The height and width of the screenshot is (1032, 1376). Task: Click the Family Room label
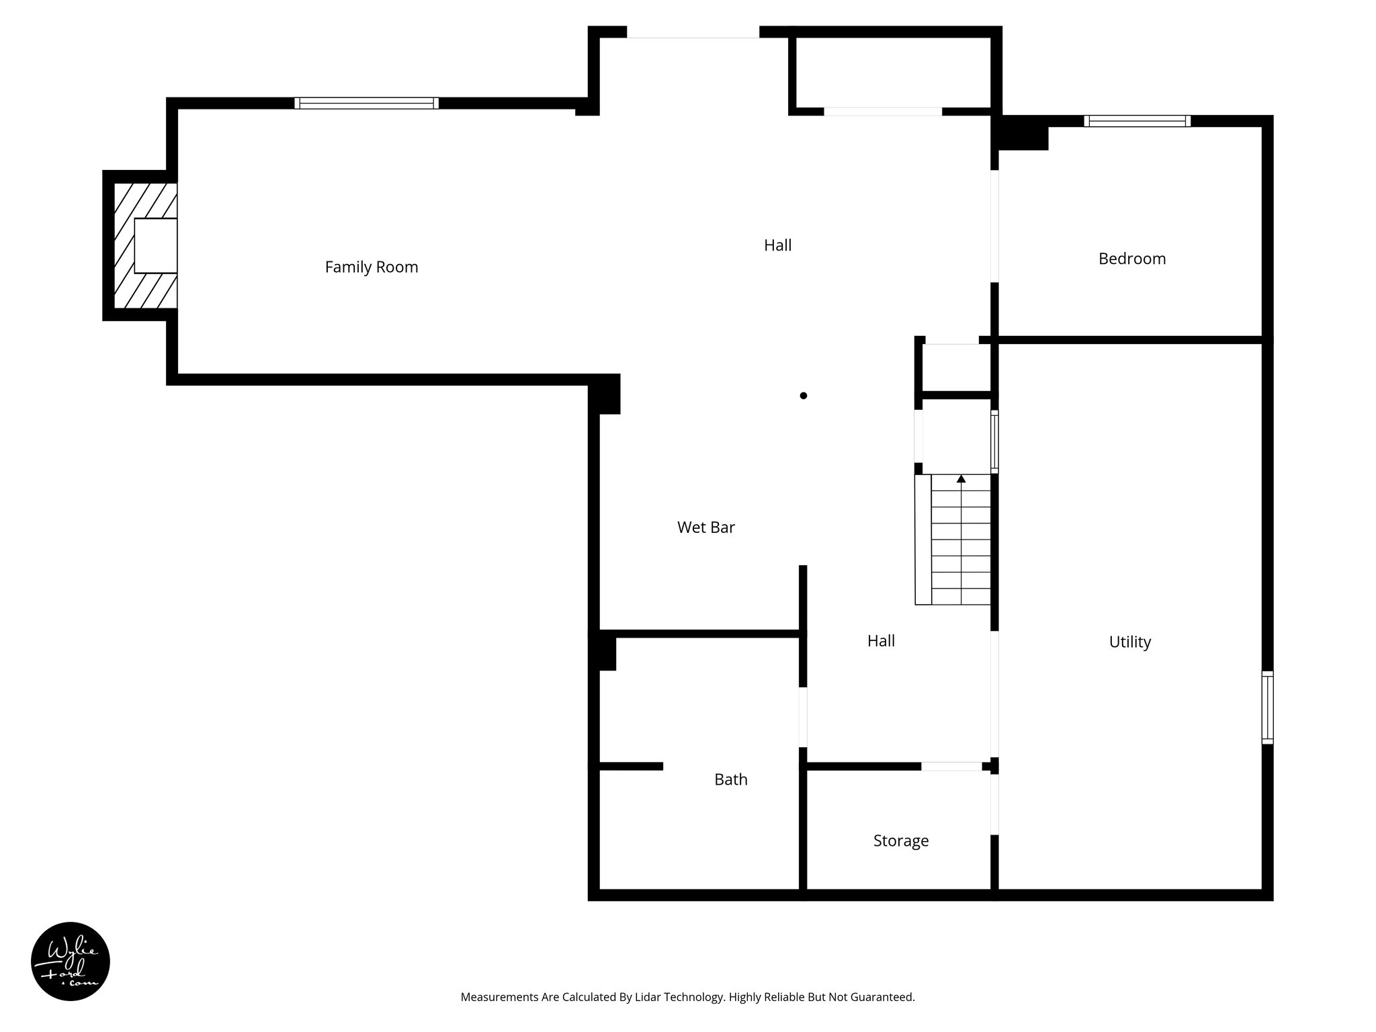point(372,267)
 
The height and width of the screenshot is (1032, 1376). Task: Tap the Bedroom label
point(1131,259)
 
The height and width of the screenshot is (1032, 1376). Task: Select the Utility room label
point(1129,642)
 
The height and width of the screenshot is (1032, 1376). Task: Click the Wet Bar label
point(705,527)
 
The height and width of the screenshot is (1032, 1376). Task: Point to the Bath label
point(730,779)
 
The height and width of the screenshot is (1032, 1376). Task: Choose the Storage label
point(900,841)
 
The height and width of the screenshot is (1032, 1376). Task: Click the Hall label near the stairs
point(881,641)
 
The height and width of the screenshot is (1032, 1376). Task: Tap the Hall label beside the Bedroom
point(777,245)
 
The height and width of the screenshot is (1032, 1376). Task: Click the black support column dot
point(803,396)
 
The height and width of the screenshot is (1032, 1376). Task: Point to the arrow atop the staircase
point(961,478)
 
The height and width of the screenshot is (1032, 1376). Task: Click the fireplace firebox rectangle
point(155,245)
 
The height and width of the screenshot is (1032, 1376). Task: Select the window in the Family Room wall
point(366,103)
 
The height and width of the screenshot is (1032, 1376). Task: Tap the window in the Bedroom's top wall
point(1136,121)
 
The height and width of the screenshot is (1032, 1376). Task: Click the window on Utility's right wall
point(1266,707)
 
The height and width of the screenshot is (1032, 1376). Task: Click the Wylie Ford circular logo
point(71,961)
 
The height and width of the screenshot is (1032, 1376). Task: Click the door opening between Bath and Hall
point(803,716)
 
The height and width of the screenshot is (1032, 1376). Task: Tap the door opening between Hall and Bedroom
point(994,226)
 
